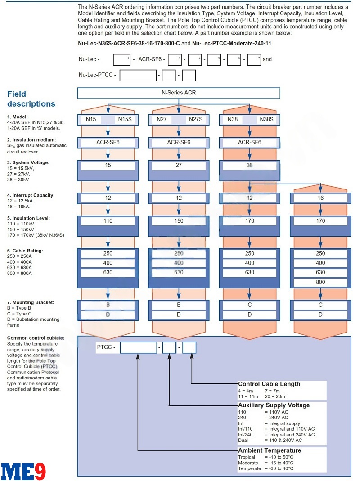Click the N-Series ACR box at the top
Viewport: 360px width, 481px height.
[179, 93]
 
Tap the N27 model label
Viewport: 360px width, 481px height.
[162, 120]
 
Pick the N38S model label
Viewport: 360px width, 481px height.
[266, 120]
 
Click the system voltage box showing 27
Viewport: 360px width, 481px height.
[179, 166]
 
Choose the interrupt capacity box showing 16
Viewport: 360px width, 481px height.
[320, 198]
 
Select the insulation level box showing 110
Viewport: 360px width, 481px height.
[108, 221]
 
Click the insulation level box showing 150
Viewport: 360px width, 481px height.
[179, 221]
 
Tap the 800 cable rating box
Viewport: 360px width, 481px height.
[320, 283]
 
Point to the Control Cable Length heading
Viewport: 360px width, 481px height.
[269, 384]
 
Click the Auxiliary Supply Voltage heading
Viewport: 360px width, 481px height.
[274, 405]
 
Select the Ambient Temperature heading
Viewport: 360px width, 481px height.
[270, 450]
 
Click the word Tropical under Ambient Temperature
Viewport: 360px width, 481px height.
[247, 457]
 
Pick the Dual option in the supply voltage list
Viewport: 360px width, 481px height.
[243, 441]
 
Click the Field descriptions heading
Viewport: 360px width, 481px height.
[31, 99]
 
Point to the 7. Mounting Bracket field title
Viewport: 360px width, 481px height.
[31, 302]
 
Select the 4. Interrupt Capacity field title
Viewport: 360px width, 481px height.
[30, 195]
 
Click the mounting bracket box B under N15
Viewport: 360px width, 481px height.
[108, 305]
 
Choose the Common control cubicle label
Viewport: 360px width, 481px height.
[36, 338]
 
